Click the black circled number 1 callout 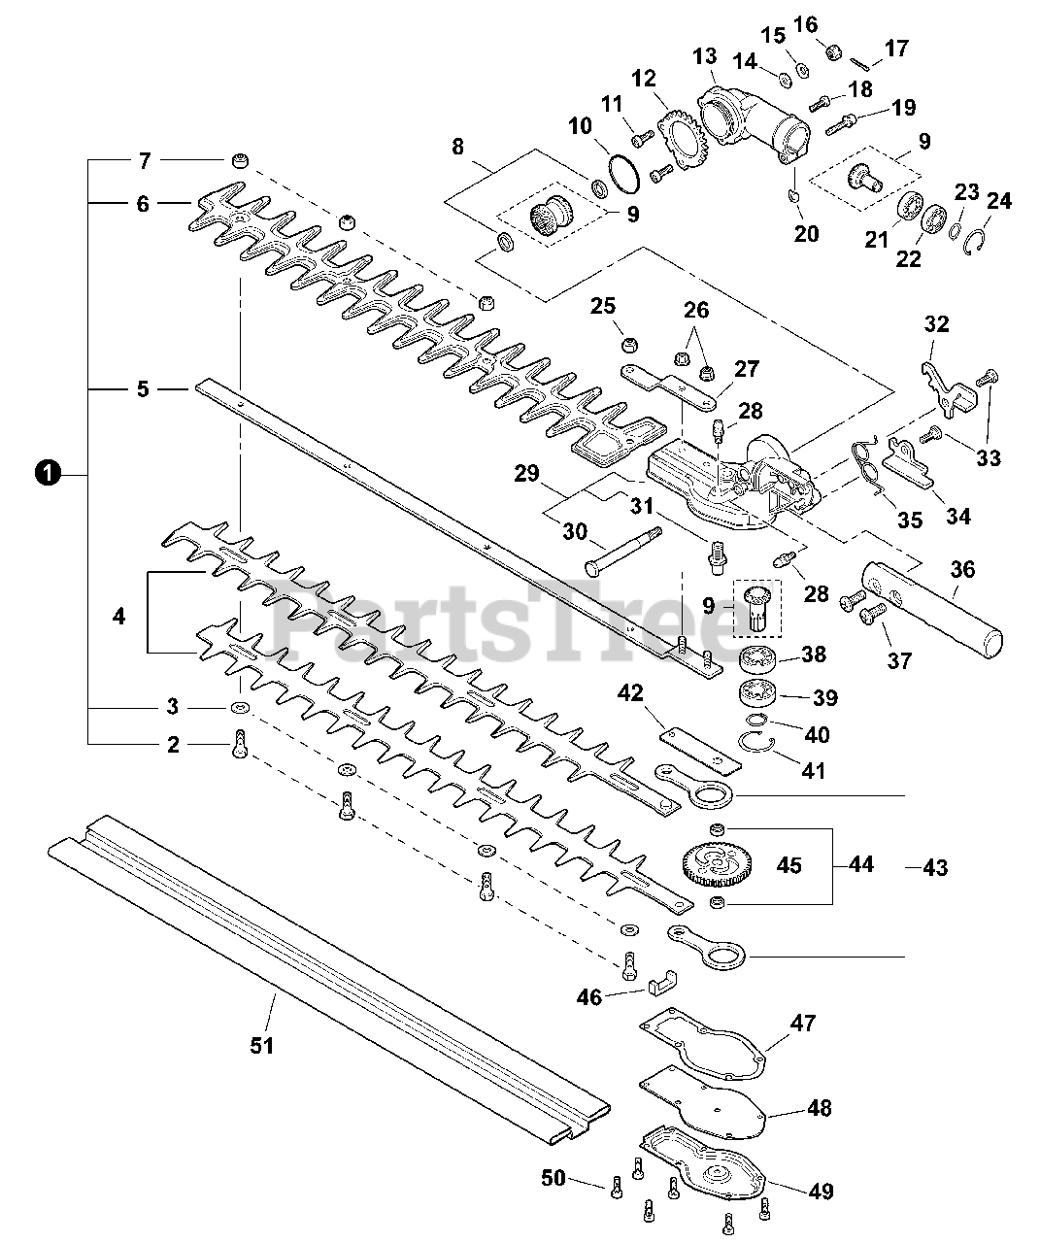45,474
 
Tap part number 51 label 261,1045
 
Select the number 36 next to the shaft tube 962,569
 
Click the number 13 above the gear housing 704,55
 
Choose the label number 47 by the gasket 803,1023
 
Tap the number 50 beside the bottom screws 553,1179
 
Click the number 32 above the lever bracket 936,323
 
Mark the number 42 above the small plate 630,692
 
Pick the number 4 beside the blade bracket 118,616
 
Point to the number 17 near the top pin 896,47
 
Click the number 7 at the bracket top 143,158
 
